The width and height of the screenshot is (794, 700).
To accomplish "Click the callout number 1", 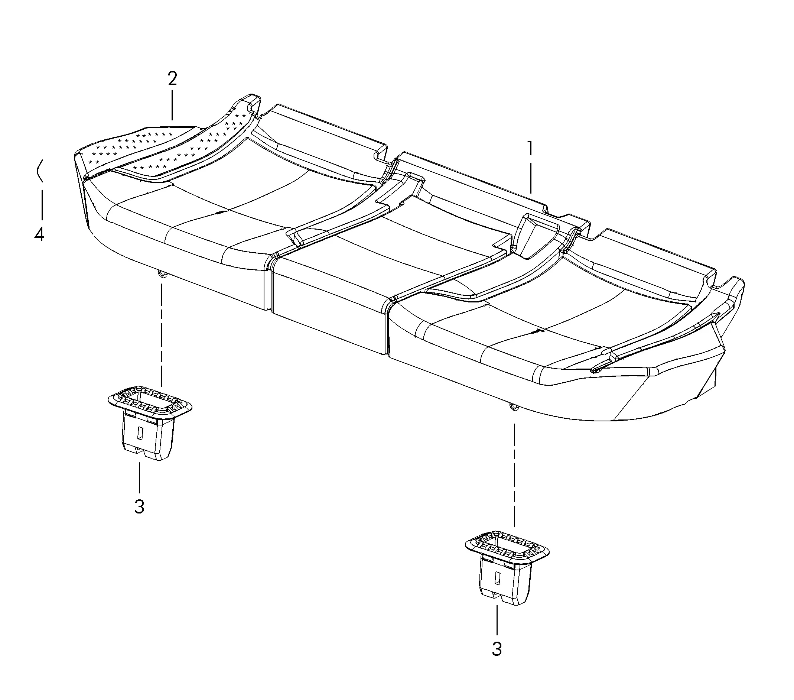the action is point(530,149).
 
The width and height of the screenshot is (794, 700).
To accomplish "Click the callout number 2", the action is point(172,79).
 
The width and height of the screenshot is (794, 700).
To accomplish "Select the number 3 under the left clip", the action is point(139,507).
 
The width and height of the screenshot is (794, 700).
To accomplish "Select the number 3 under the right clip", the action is point(497,649).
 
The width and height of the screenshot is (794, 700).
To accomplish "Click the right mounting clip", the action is point(507,567).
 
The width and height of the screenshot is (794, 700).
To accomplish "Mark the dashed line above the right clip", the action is point(514,475).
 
